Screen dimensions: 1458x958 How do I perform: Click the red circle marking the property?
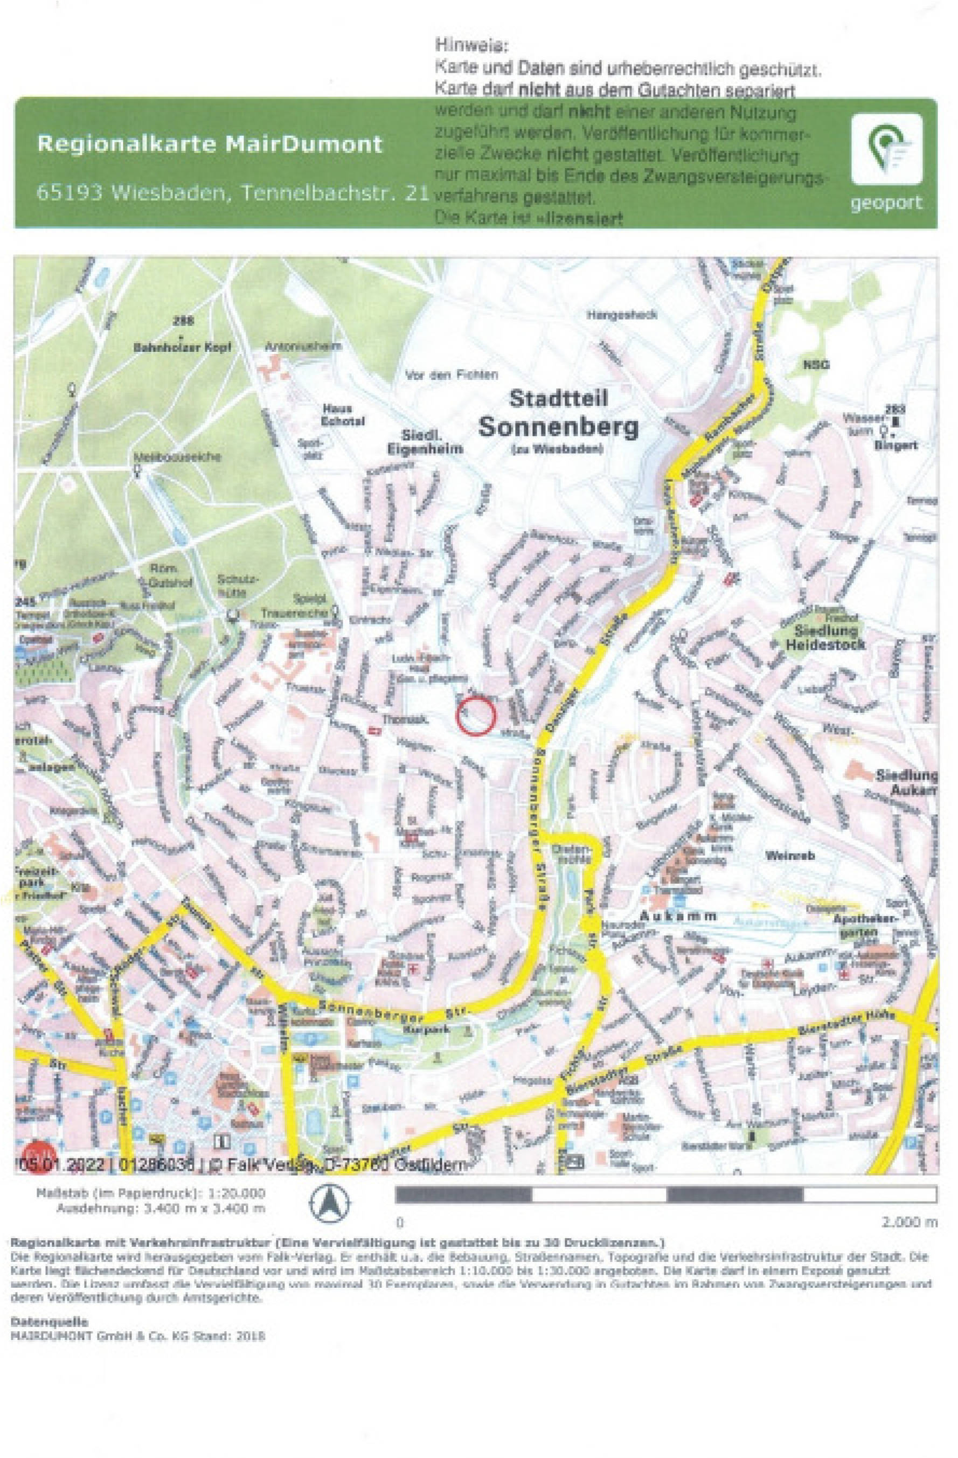pyautogui.click(x=475, y=716)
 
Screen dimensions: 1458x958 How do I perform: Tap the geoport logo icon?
pyautogui.click(x=886, y=149)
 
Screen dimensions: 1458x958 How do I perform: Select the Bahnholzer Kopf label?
pyautogui.click(x=183, y=348)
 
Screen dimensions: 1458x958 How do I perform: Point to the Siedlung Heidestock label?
pyautogui.click(x=825, y=637)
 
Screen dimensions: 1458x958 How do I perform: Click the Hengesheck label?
pyautogui.click(x=622, y=315)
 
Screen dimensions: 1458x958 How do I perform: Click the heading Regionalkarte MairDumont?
pyautogui.click(x=210, y=144)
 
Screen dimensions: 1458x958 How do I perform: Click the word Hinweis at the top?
pyautogui.click(x=471, y=45)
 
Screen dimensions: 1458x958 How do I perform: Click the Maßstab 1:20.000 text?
pyautogui.click(x=151, y=1193)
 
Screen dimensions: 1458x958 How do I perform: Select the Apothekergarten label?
pyautogui.click(x=865, y=926)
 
